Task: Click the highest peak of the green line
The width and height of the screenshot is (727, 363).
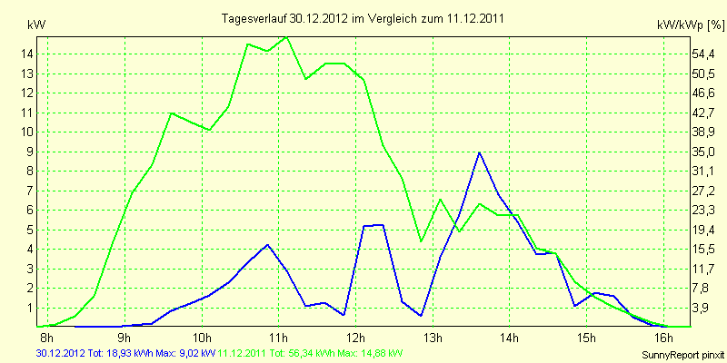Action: point(286,37)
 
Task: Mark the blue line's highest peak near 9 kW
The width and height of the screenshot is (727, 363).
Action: point(479,152)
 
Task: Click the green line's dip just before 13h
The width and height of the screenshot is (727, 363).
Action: point(421,240)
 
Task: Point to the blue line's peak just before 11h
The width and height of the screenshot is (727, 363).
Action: point(267,245)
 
